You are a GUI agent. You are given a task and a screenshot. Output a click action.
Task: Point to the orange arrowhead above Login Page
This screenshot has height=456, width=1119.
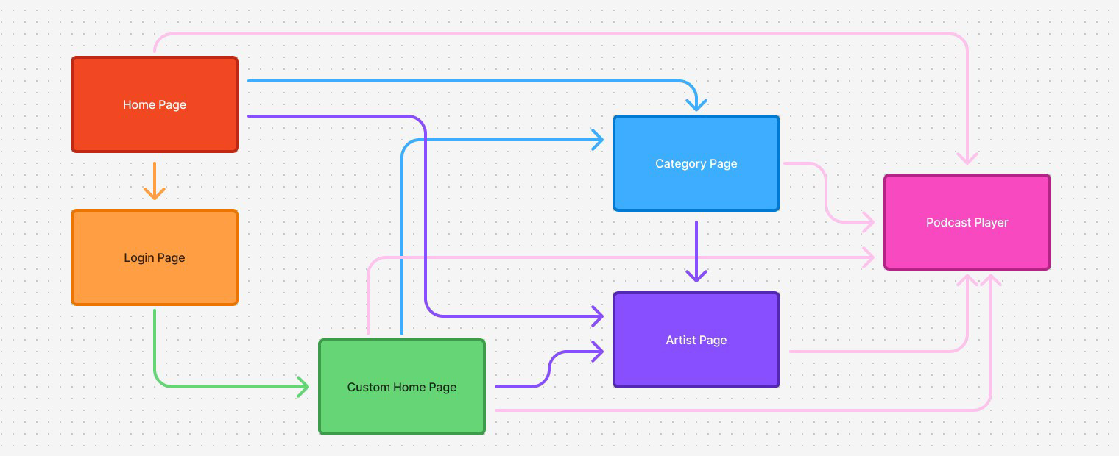(154, 193)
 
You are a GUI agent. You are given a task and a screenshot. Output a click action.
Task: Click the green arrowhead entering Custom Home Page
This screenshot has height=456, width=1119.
(303, 386)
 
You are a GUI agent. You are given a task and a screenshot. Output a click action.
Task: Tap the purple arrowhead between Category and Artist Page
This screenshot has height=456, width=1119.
(696, 275)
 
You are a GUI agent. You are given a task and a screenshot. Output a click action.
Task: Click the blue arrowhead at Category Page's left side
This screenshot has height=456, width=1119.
(596, 139)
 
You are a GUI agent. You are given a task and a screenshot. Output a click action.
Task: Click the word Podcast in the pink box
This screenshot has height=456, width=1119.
(948, 222)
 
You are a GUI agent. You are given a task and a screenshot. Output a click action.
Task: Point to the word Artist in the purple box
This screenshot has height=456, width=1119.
(680, 340)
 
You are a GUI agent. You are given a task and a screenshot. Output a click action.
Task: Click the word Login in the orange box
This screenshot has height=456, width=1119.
(138, 257)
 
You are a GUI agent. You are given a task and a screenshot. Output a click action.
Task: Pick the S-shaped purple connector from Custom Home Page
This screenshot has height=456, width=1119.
(549, 369)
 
